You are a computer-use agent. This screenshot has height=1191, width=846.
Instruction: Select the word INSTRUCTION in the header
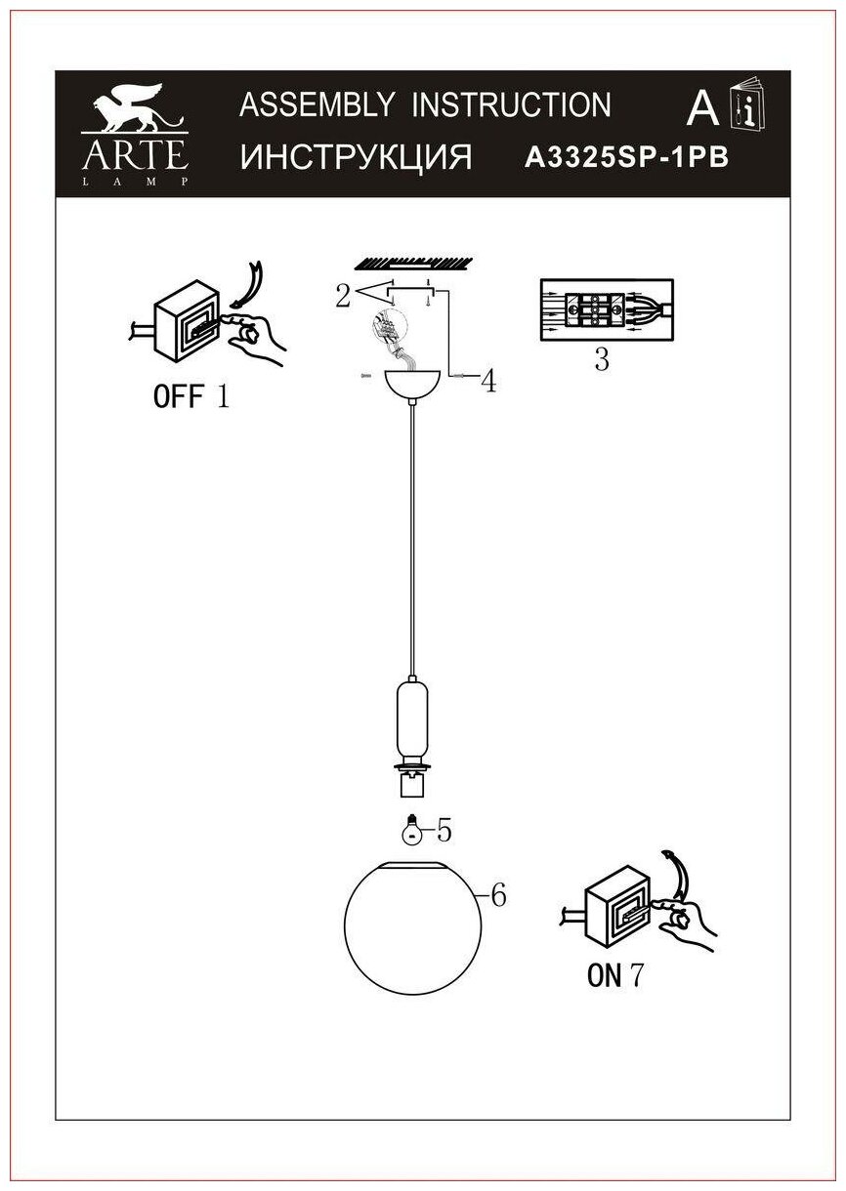tap(511, 105)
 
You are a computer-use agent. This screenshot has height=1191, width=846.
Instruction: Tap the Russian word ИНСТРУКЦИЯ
tap(356, 156)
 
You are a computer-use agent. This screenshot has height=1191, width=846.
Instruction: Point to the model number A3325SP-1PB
tap(627, 158)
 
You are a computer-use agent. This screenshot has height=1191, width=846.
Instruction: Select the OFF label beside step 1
tap(178, 396)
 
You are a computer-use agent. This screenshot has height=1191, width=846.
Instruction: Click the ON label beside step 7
tap(605, 975)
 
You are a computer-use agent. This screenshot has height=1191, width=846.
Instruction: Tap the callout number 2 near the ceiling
tap(342, 296)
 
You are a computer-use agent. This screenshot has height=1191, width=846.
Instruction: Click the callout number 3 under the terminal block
tap(602, 360)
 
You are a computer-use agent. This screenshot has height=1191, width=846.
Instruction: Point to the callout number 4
tap(487, 382)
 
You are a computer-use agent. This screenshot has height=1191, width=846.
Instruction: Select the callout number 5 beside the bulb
tap(444, 831)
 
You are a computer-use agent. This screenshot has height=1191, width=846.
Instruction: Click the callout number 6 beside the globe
tap(497, 894)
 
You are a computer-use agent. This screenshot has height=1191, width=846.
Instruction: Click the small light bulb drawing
tap(412, 829)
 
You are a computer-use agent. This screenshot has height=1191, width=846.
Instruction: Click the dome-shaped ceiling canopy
tap(414, 385)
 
